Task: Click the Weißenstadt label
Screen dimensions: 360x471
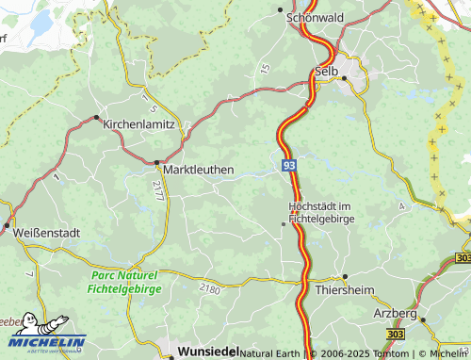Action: point(46,231)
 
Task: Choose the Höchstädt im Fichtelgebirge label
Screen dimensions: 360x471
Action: point(319,212)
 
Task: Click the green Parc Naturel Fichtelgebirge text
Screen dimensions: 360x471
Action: point(126,281)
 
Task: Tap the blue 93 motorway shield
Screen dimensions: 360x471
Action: point(289,165)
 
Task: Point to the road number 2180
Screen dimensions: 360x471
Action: point(209,289)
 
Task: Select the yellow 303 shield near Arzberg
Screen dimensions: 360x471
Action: point(397,335)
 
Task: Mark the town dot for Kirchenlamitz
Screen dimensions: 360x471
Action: point(96,117)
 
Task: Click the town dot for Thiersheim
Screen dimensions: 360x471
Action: point(345,276)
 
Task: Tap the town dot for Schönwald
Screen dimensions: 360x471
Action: point(283,10)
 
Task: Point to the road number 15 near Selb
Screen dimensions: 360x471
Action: point(265,68)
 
